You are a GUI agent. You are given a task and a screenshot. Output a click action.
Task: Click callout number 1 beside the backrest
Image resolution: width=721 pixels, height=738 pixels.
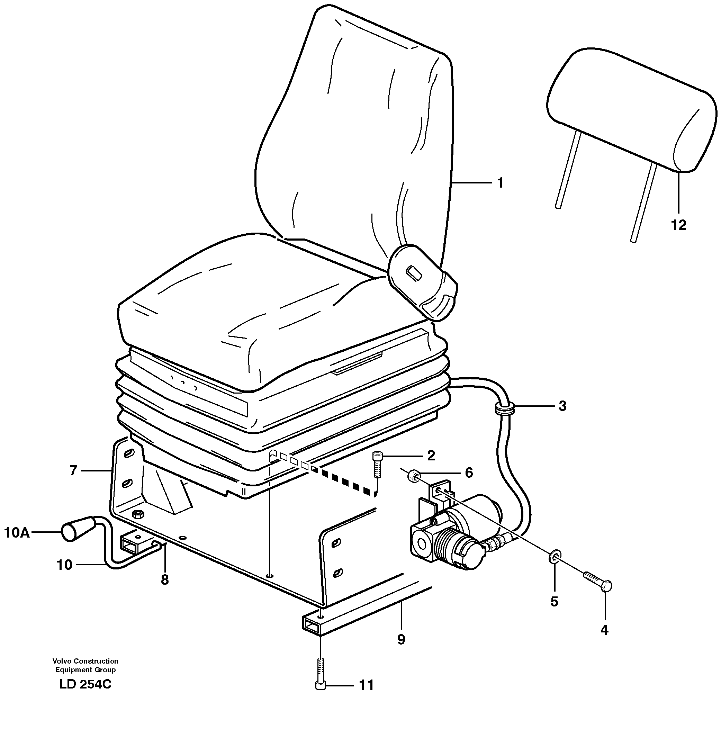click(500, 183)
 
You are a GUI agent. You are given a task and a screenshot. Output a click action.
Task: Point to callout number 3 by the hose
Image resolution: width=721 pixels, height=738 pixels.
click(562, 406)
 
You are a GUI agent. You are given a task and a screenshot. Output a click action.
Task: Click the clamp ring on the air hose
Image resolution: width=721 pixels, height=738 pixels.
click(505, 408)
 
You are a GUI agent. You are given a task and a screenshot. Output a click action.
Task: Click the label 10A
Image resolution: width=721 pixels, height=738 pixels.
click(16, 533)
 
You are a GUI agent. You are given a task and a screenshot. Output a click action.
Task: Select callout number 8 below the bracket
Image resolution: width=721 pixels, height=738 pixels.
click(164, 580)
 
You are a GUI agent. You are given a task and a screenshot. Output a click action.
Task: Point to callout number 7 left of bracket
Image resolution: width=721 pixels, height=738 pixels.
click(73, 470)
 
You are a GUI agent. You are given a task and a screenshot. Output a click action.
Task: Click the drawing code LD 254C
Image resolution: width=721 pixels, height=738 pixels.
click(85, 695)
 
